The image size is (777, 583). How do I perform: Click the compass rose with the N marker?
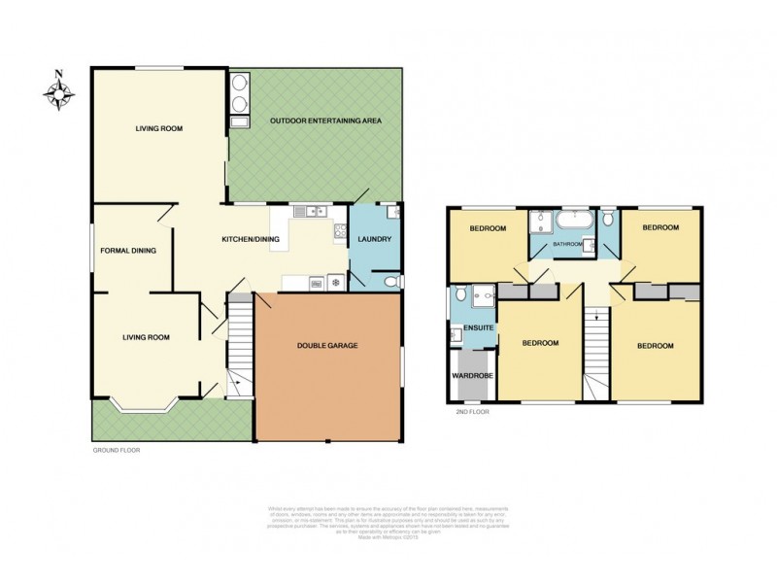pos(59,91)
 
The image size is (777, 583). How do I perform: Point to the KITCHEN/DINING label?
pos(251,239)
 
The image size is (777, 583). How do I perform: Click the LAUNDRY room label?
pos(374,239)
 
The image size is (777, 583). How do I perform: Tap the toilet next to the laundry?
pos(390,282)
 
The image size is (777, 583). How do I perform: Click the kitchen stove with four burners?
pos(340,231)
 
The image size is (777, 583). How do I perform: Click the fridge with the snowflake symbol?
pos(336,283)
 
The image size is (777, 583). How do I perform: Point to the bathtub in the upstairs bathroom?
pos(572,223)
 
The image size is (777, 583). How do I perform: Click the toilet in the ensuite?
pos(456,335)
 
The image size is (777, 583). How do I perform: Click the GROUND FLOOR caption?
pos(117,451)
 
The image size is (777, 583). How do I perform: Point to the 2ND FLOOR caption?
pos(472,412)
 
